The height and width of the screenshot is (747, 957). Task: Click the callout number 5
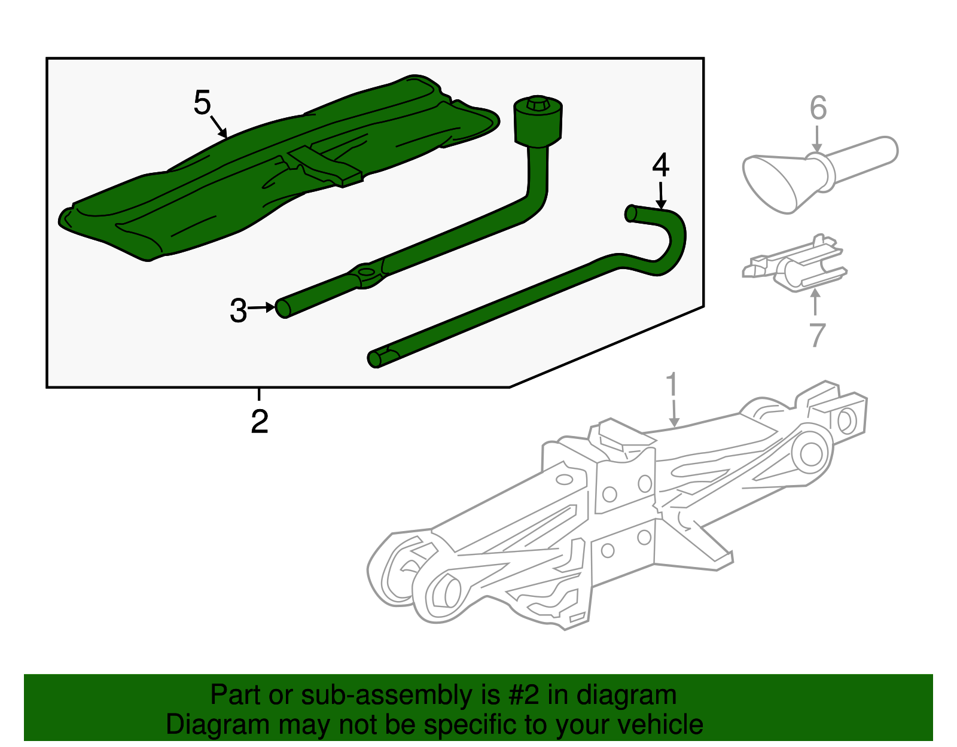tap(202, 103)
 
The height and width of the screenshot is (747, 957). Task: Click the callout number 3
tap(238, 311)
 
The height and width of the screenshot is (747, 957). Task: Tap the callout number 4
tap(660, 165)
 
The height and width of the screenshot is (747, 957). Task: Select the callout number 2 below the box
tap(259, 422)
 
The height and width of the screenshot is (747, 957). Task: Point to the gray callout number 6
tap(818, 108)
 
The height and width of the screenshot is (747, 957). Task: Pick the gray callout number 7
tap(817, 335)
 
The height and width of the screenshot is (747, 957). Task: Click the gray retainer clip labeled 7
tap(796, 267)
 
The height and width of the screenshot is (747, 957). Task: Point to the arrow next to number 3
tap(261, 308)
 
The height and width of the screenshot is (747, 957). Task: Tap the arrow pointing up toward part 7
tap(815, 302)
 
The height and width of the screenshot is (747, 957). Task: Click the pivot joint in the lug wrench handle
tap(367, 276)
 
